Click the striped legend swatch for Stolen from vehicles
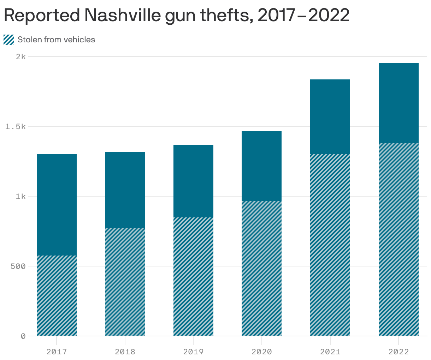click(x=9, y=40)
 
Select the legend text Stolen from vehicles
click(x=56, y=40)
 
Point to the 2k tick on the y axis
click(x=21, y=56)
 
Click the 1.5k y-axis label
click(x=16, y=126)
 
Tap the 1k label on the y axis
click(x=20, y=196)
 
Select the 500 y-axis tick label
click(x=18, y=266)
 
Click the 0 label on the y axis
click(x=23, y=336)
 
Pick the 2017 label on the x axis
click(x=57, y=352)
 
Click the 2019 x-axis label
click(x=193, y=352)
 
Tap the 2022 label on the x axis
click(x=398, y=352)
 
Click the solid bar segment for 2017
click(x=57, y=205)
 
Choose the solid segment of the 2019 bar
click(x=193, y=181)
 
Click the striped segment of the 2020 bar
click(x=262, y=268)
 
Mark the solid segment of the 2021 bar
click(x=330, y=116)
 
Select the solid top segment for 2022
click(x=398, y=103)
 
